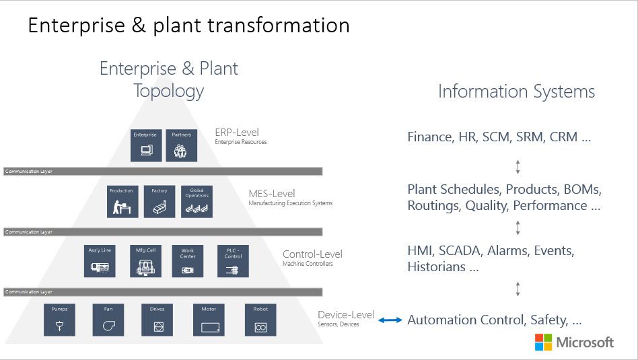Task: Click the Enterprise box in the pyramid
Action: tap(146, 145)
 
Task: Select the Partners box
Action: tap(181, 145)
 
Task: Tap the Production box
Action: tap(122, 201)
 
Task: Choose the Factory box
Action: tap(159, 201)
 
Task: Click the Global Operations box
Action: tap(197, 201)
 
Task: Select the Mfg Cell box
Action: tap(146, 261)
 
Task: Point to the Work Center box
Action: tap(187, 261)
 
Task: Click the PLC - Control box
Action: tap(234, 261)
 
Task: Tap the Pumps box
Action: tap(60, 320)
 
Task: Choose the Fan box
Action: tap(108, 320)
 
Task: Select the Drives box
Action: tap(157, 320)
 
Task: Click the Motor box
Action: tap(209, 320)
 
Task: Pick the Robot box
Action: tap(260, 320)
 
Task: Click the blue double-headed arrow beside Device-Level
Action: tap(390, 320)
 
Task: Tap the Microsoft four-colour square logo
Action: tap(543, 342)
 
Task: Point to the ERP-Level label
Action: tap(237, 133)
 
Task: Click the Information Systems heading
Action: tap(516, 92)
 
